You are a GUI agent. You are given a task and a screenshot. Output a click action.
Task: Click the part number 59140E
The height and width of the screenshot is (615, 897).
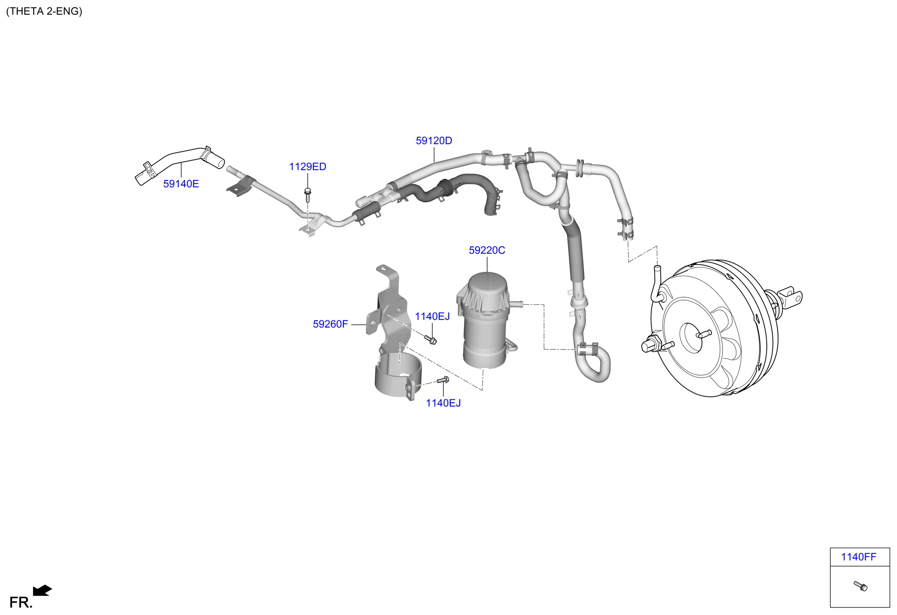pyautogui.click(x=181, y=184)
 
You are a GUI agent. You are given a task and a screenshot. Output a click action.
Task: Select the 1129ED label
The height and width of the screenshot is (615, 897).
pyautogui.click(x=307, y=166)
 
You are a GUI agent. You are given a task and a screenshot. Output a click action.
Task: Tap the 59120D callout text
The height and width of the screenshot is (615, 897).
pyautogui.click(x=433, y=140)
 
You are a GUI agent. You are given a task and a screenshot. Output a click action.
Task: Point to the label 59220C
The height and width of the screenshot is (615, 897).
pyautogui.click(x=487, y=250)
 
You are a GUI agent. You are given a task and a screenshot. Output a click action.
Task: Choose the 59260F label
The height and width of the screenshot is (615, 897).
pyautogui.click(x=330, y=324)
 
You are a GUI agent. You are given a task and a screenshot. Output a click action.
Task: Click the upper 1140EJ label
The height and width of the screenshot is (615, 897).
pyautogui.click(x=432, y=316)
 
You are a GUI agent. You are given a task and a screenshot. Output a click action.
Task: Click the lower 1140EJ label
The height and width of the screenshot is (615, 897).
pyautogui.click(x=443, y=403)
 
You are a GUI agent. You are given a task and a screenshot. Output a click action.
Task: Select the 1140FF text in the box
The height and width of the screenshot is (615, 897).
pyautogui.click(x=858, y=557)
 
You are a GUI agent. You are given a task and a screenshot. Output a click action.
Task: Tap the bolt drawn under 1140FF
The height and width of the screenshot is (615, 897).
pyautogui.click(x=861, y=586)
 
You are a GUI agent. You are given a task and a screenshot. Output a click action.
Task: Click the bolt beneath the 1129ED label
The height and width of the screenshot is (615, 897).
pyautogui.click(x=308, y=195)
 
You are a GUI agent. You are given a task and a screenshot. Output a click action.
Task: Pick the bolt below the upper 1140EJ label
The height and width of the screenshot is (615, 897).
pyautogui.click(x=431, y=340)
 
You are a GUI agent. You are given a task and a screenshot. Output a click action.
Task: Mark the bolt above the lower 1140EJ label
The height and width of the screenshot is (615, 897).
pyautogui.click(x=443, y=381)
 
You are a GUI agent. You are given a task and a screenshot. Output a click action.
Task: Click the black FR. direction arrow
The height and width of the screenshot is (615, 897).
pyautogui.click(x=42, y=590)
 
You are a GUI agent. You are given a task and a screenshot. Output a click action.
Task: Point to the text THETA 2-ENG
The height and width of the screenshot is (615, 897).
pyautogui.click(x=44, y=11)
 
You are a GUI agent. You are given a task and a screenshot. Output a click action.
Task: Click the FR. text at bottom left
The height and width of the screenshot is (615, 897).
pyautogui.click(x=21, y=603)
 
